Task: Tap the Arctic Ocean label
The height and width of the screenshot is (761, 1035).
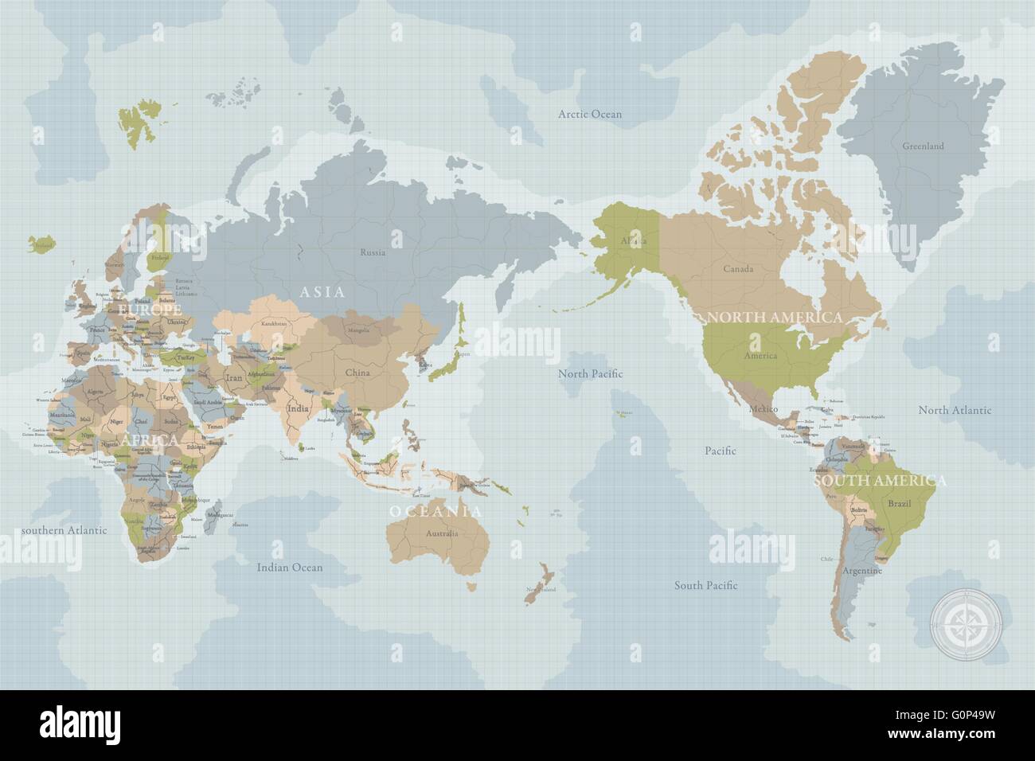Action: (589, 114)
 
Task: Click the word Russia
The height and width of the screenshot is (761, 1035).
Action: (373, 253)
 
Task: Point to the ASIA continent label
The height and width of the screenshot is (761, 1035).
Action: (322, 292)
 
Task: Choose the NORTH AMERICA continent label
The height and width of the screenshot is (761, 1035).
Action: (774, 317)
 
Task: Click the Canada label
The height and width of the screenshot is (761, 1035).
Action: (738, 269)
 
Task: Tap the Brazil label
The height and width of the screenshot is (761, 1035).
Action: (899, 504)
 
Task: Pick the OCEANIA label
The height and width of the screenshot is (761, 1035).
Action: (435, 511)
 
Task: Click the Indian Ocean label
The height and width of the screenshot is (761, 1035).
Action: (290, 568)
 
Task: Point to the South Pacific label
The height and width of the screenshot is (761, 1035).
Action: (705, 585)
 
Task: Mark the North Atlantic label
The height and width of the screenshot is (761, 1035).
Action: (955, 410)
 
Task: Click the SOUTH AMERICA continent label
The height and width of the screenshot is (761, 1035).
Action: (879, 481)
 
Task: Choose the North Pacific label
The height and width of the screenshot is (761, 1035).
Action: (590, 373)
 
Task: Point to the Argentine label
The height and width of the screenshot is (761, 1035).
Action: (863, 572)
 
